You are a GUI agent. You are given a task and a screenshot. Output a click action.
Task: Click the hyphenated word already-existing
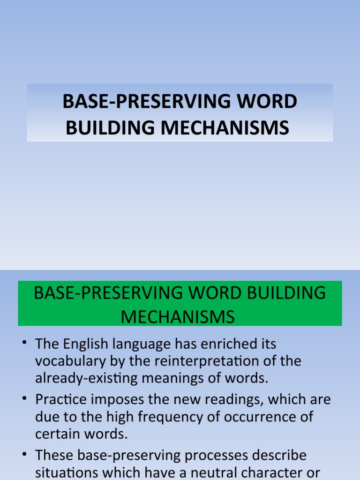[89, 378]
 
